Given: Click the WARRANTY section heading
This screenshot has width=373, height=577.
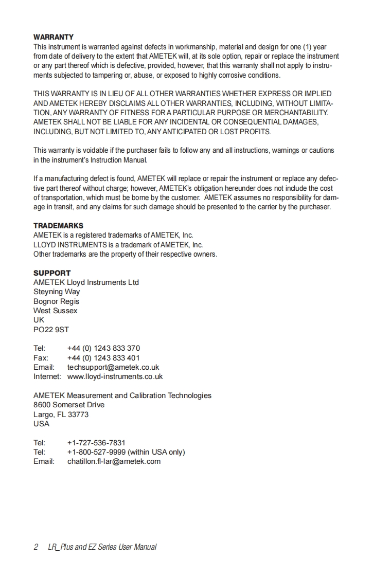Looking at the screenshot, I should click(54, 37).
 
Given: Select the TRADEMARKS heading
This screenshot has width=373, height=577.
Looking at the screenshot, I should click(58, 226).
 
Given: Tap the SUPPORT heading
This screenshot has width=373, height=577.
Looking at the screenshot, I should click(52, 273).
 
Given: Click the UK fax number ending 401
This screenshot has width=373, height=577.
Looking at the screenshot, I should click(103, 358).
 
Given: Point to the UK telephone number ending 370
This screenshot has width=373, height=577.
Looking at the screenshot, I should click(103, 348).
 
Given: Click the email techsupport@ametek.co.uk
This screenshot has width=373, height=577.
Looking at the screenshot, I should click(113, 367).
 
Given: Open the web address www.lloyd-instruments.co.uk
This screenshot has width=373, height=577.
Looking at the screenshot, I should click(115, 376).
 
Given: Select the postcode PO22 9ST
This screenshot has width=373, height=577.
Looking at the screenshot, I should click(51, 329).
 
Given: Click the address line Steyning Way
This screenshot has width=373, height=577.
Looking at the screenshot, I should click(57, 292).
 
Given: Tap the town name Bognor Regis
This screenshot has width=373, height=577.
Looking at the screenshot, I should click(57, 301).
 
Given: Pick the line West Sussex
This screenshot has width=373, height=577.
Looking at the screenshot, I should click(56, 311).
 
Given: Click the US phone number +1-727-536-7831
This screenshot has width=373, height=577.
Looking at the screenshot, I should click(96, 443).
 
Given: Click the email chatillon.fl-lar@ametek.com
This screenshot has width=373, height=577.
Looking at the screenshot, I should click(114, 461).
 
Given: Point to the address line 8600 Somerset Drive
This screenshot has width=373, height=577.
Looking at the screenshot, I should click(69, 405).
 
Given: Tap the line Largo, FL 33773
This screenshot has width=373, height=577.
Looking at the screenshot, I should click(61, 414).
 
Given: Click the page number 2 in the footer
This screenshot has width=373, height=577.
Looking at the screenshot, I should click(36, 547).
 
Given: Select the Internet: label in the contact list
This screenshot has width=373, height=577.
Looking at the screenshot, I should click(47, 376).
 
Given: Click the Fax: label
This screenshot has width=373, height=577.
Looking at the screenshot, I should click(41, 358).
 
